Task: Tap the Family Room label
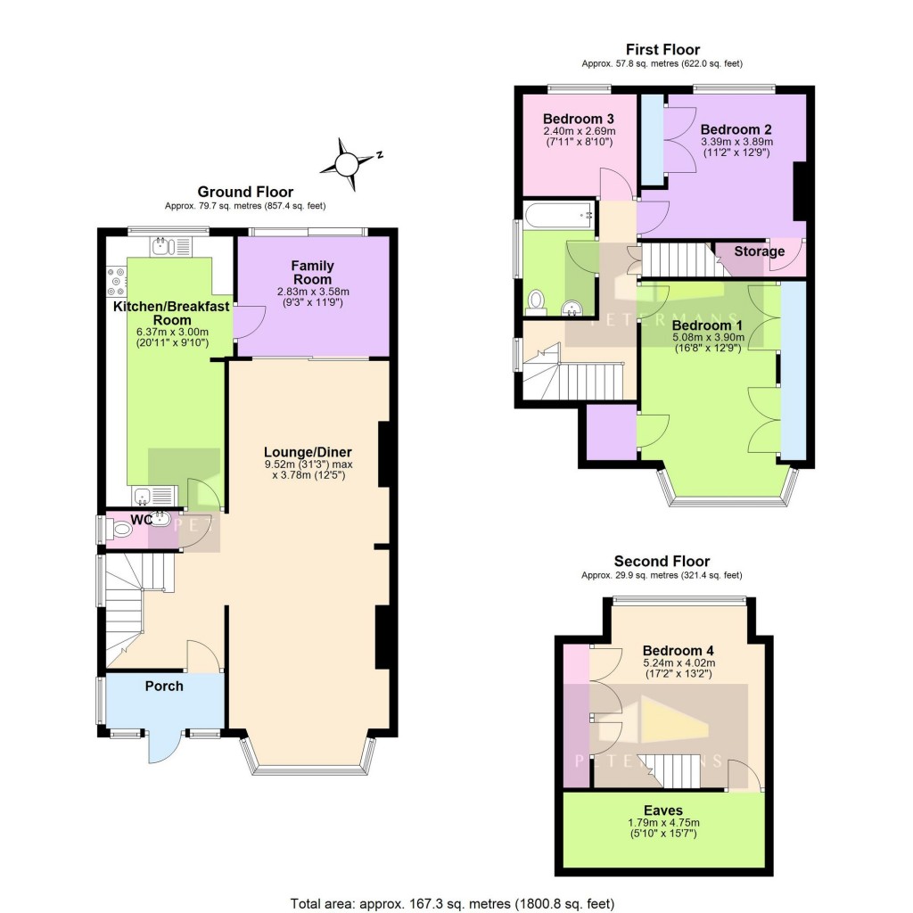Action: coord(313,273)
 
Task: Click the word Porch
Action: coord(164,686)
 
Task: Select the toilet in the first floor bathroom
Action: coord(536,302)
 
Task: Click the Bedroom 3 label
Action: coord(578,119)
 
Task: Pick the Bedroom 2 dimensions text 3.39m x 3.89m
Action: coord(736,141)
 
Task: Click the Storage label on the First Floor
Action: coord(759,251)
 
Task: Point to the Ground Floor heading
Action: coord(245,192)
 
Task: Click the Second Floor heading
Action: coord(662,561)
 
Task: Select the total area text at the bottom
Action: coord(453,902)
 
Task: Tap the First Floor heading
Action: coord(662,50)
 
